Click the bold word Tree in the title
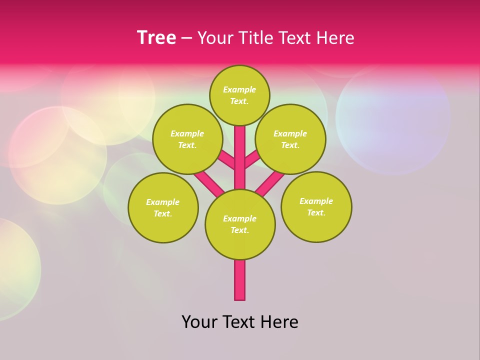tap(156, 38)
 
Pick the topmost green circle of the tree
tap(239, 95)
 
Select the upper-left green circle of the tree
tap(187, 139)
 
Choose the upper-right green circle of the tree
tap(290, 139)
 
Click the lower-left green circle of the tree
tap(163, 207)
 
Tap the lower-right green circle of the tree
tap(316, 206)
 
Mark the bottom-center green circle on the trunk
tap(240, 224)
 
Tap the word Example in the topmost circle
tap(239, 89)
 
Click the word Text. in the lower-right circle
tap(316, 212)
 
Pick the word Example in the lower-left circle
tap(163, 202)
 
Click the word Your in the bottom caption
tap(199, 322)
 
